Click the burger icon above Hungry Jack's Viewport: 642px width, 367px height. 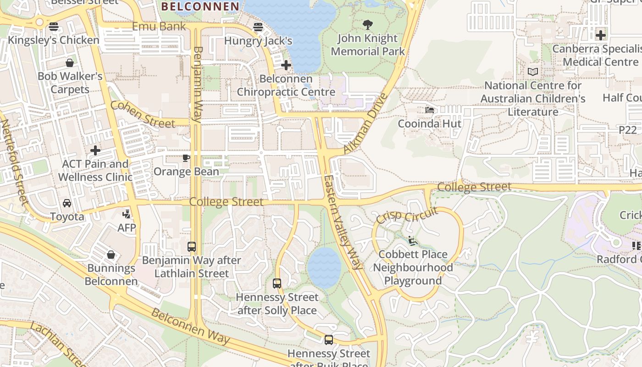coord(258,27)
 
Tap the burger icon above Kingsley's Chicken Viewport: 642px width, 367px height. coord(54,27)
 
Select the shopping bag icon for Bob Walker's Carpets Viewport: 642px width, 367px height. coord(70,63)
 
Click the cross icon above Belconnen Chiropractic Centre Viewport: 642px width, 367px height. coord(286,65)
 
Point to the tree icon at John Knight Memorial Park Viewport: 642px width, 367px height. coord(367,25)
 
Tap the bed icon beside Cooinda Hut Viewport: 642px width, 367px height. coord(429,110)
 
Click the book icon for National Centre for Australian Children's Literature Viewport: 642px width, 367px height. coord(532,72)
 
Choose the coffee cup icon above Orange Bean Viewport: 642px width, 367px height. coord(186,158)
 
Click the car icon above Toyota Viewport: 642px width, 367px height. coord(67,203)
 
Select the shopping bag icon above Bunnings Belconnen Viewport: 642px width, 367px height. coord(111,255)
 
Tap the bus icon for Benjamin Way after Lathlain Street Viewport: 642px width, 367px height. coord(191,247)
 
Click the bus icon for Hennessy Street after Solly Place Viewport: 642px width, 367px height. coord(277,284)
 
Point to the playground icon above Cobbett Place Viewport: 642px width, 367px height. coord(412,241)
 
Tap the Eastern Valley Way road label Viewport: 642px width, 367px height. coord(343,222)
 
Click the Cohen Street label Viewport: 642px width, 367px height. coord(143,114)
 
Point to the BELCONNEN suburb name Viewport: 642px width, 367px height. coord(200,6)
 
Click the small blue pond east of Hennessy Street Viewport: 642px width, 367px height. coord(324,268)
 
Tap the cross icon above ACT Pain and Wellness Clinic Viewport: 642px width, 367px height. coord(95,150)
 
